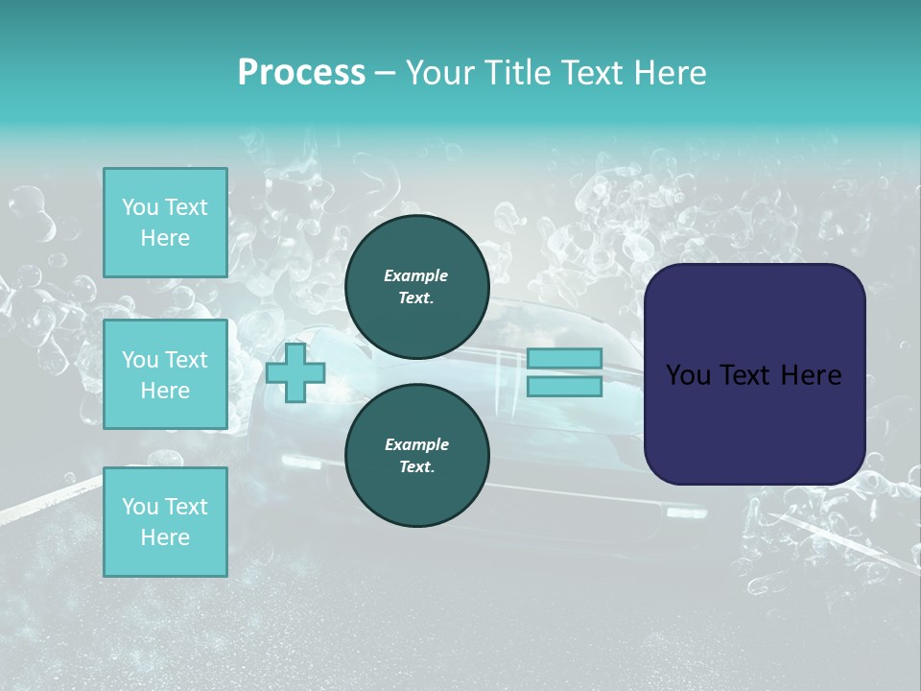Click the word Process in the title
coord(301,73)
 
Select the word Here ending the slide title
coord(670,73)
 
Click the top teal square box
coord(165,223)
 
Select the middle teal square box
coord(165,374)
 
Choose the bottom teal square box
coord(165,522)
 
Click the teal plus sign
coord(295,373)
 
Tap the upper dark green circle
coord(416,287)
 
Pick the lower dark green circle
coord(416,456)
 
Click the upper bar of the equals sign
coord(564,359)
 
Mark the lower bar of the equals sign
coord(564,387)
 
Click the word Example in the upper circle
coord(416,275)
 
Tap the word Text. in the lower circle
coord(416,467)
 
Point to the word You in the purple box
coord(688,375)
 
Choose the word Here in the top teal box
coord(165,238)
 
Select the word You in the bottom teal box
coord(140,507)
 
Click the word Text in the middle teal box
coord(186,360)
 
